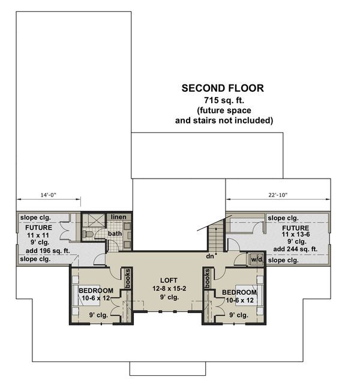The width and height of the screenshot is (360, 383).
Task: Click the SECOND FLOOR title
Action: [x=223, y=88]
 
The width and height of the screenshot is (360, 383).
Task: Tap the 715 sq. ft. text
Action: [x=223, y=99]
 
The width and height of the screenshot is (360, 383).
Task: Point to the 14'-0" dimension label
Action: [x=48, y=195]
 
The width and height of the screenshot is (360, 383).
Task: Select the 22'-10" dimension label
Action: [x=278, y=195]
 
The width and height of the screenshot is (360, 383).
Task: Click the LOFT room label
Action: [x=169, y=281]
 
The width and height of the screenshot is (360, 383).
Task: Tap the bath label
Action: [x=115, y=233]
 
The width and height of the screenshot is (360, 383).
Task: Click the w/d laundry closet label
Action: [x=257, y=260]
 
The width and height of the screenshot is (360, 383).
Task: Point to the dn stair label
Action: [x=209, y=257]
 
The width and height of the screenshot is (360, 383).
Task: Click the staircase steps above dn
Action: [x=215, y=237]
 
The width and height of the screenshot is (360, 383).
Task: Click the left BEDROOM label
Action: [x=95, y=291]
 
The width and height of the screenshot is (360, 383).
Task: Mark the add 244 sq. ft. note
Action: [x=295, y=249]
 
